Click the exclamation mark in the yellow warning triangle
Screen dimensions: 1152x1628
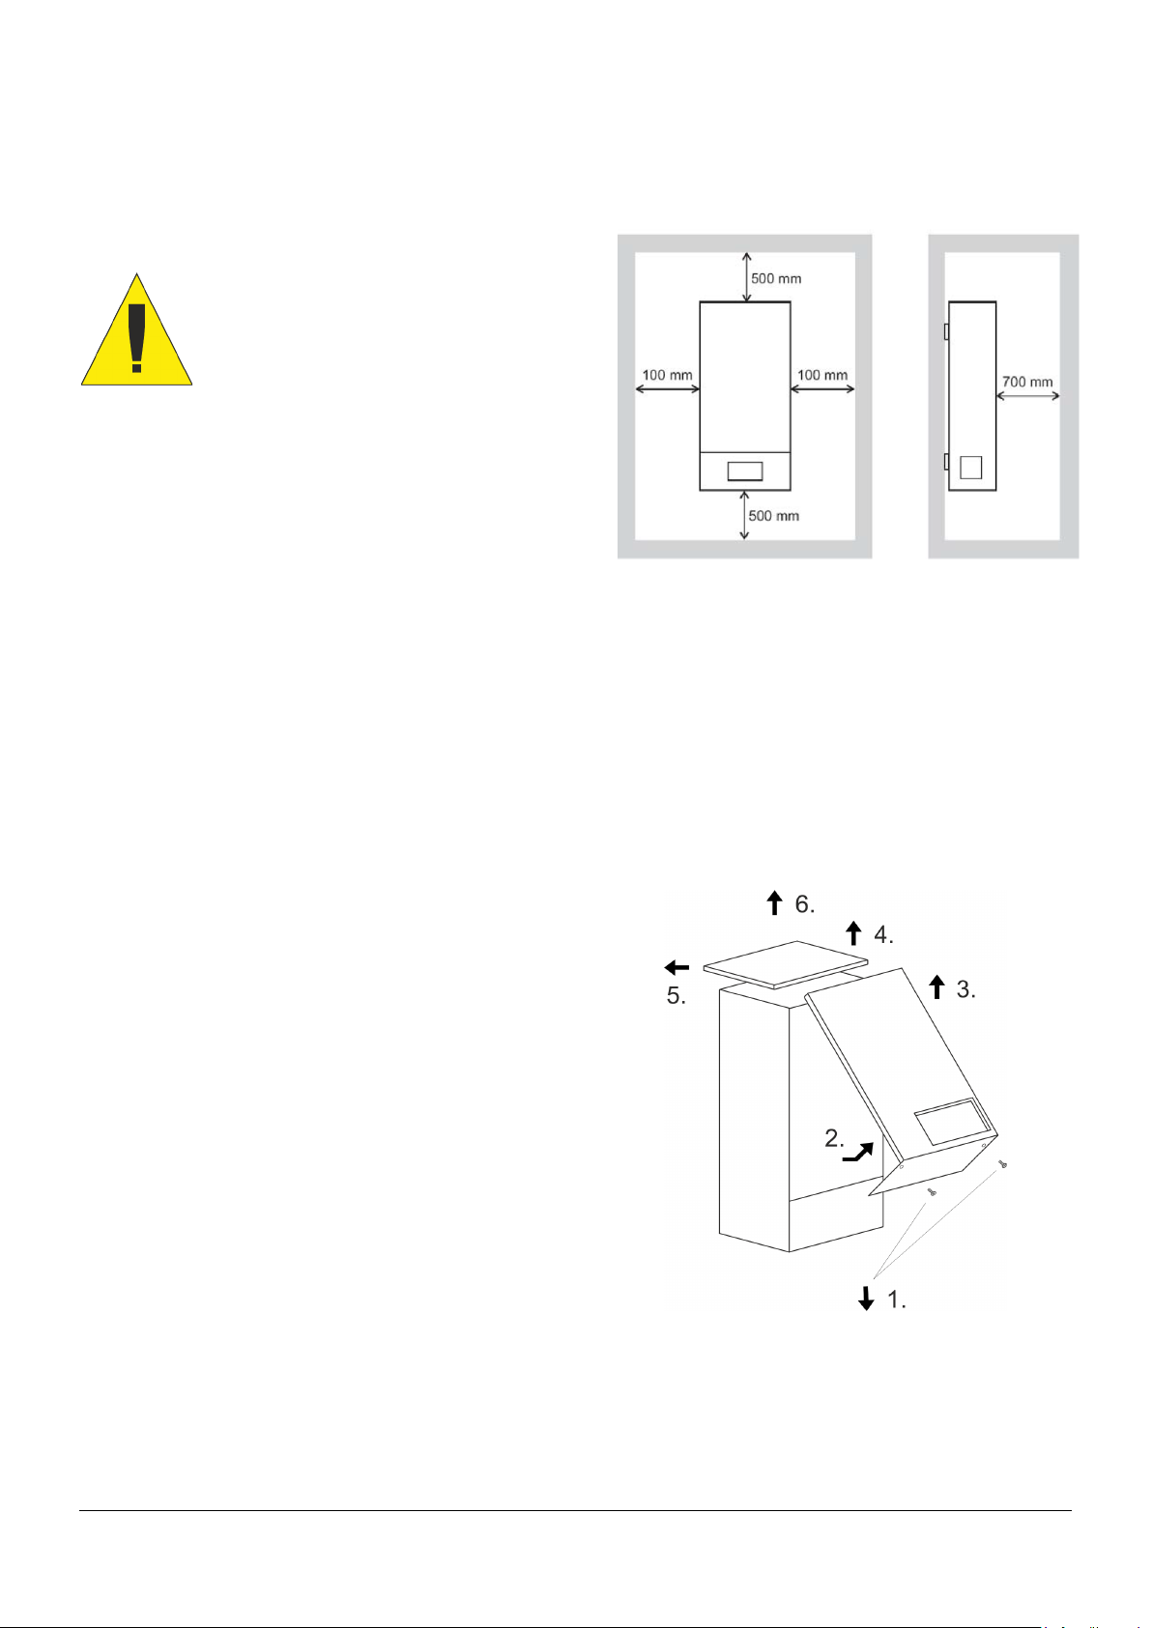[136, 338]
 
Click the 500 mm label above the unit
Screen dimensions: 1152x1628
[776, 278]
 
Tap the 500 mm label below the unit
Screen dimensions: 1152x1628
[774, 516]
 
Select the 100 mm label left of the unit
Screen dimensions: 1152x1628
[667, 375]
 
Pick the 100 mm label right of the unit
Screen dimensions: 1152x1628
[822, 375]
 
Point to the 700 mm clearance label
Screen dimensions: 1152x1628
[1027, 382]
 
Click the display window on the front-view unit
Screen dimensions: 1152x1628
[745, 471]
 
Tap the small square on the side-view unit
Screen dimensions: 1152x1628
[971, 468]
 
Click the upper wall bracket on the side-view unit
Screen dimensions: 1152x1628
[946, 331]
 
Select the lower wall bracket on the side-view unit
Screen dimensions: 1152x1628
[946, 462]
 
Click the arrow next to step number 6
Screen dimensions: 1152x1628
[775, 902]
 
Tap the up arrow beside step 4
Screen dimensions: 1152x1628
[854, 933]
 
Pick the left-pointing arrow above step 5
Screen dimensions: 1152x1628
[677, 967]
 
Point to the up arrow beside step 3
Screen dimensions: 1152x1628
[936, 987]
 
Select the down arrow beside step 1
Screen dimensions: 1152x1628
[866, 1298]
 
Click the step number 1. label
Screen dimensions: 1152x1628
[897, 1299]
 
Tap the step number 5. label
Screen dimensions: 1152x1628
[676, 996]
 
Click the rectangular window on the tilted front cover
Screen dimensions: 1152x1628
[952, 1122]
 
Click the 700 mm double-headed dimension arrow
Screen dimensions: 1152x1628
[1027, 396]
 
